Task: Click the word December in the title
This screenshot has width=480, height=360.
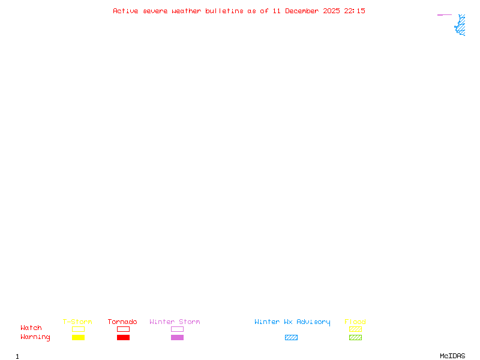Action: click(x=302, y=11)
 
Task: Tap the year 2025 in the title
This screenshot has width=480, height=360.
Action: click(x=331, y=11)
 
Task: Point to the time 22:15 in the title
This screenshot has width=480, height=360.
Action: click(x=355, y=11)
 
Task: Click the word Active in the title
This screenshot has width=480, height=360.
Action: click(x=125, y=11)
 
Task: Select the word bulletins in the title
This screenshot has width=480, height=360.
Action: click(x=224, y=11)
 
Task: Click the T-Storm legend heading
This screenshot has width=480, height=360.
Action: click(x=77, y=322)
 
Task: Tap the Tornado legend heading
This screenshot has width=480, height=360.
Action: click(x=122, y=322)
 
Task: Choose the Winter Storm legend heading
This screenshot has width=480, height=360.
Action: click(x=175, y=322)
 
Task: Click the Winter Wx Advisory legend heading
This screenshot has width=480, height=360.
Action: click(x=292, y=322)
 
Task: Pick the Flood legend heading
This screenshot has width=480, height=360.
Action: click(x=355, y=322)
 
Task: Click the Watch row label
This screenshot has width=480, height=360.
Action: click(x=31, y=328)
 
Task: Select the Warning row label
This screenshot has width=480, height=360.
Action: click(x=35, y=337)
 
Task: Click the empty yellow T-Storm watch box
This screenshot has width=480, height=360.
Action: click(x=79, y=329)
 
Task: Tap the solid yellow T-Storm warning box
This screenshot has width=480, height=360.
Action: click(x=79, y=337)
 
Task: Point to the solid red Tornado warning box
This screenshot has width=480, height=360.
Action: click(x=124, y=337)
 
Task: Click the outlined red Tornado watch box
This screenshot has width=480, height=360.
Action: click(x=124, y=329)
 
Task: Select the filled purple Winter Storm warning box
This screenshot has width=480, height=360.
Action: click(x=177, y=337)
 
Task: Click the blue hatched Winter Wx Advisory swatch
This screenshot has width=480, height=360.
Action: click(x=291, y=337)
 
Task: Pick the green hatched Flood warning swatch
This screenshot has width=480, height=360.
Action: click(x=355, y=337)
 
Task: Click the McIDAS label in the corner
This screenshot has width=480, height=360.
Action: click(x=452, y=356)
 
